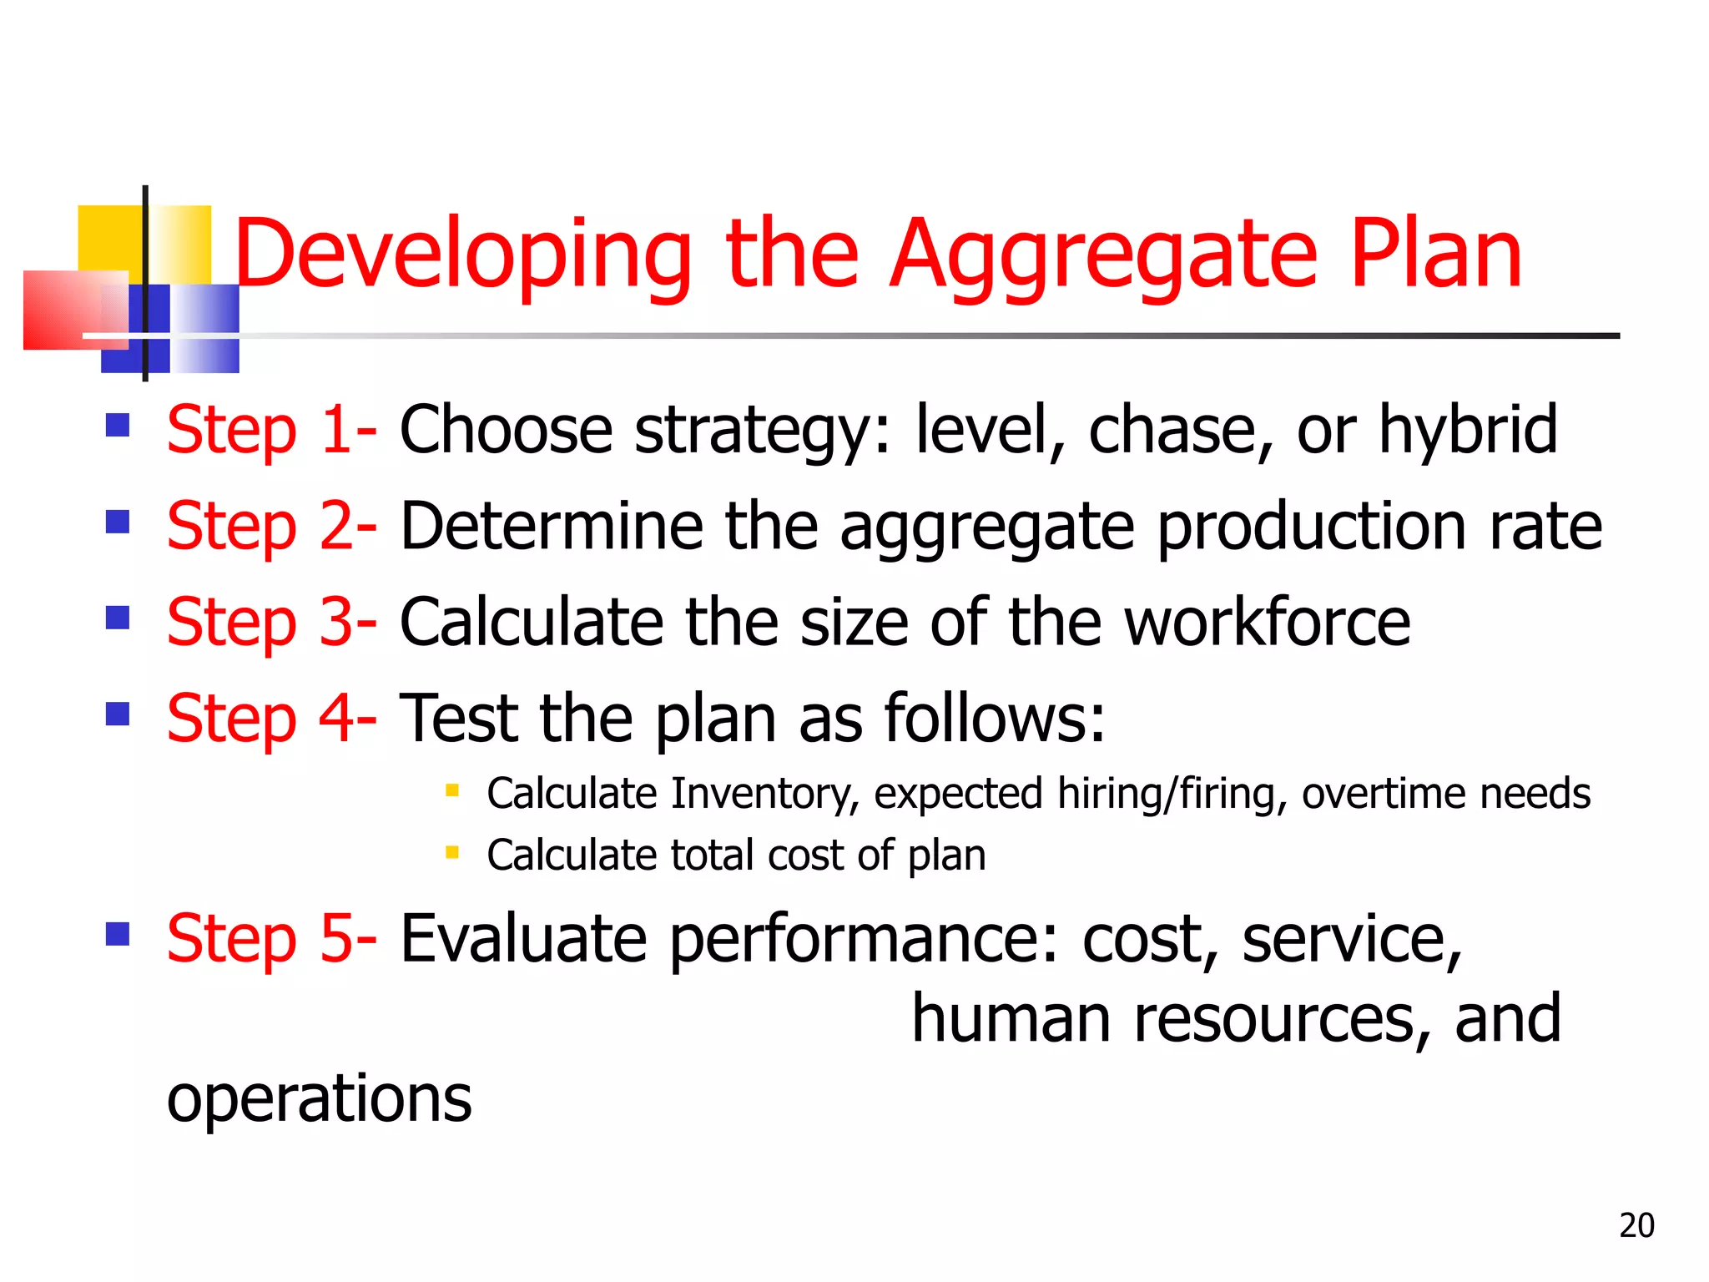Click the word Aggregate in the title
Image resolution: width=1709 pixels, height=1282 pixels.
1105,255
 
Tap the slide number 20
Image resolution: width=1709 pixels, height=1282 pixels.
1636,1225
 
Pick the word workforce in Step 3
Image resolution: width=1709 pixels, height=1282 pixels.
1268,623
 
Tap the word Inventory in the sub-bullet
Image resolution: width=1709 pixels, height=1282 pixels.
764,794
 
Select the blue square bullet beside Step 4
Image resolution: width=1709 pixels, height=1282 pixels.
118,714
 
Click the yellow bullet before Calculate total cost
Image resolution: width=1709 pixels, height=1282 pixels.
452,852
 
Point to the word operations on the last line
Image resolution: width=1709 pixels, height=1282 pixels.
319,1100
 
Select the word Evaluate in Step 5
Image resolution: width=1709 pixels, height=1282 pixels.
523,940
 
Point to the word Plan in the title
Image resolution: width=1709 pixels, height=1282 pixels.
1436,255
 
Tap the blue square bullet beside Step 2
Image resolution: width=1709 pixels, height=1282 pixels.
118,522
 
